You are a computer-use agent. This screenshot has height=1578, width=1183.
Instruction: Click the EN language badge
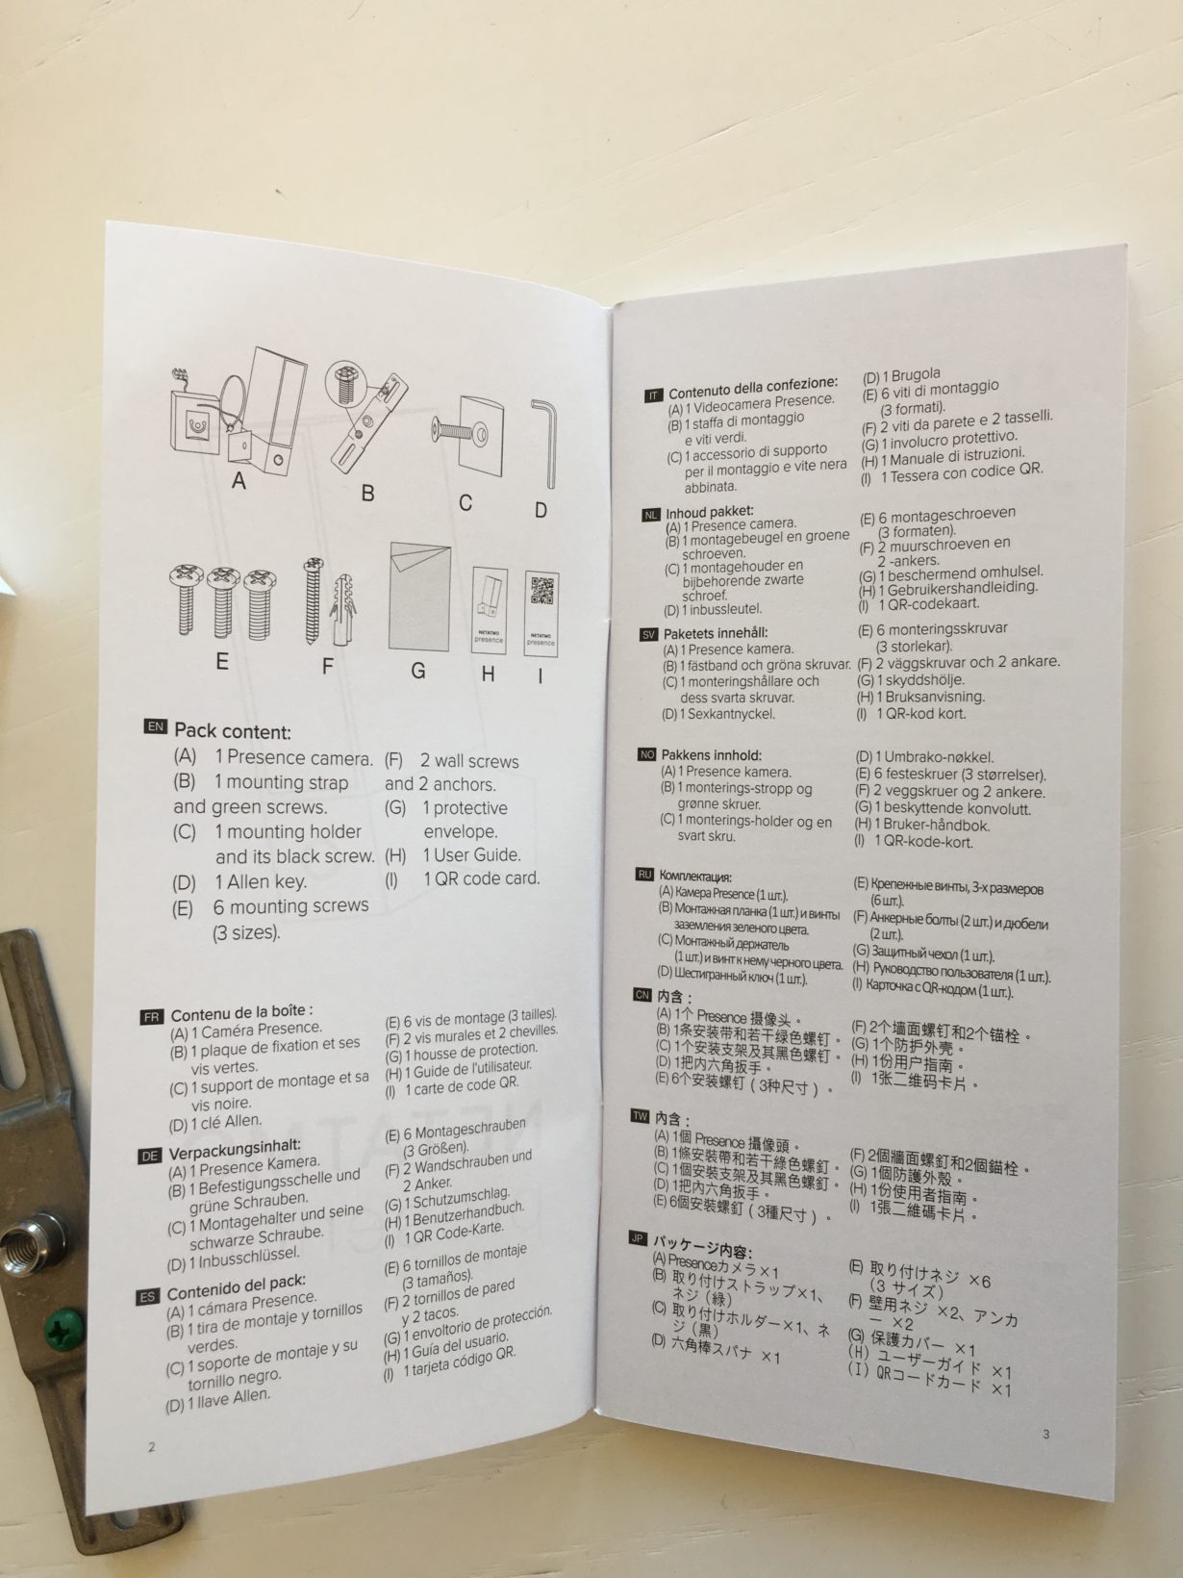pyautogui.click(x=156, y=726)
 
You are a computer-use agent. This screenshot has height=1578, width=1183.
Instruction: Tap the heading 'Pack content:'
pyautogui.click(x=233, y=731)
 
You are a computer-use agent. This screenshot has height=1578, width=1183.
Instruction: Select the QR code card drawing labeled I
pyautogui.click(x=541, y=613)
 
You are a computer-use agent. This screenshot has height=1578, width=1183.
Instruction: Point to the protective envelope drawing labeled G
pyautogui.click(x=419, y=597)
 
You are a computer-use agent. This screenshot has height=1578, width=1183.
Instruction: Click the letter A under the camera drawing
pyautogui.click(x=239, y=480)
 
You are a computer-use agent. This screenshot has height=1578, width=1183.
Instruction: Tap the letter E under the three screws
pyautogui.click(x=223, y=661)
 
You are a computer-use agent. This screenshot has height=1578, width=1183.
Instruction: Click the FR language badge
pyautogui.click(x=152, y=1017)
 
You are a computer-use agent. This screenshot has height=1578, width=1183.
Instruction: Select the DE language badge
pyautogui.click(x=149, y=1156)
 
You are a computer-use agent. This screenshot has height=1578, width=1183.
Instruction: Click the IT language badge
pyautogui.click(x=654, y=395)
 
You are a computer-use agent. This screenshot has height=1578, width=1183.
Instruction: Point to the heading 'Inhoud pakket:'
pyautogui.click(x=710, y=512)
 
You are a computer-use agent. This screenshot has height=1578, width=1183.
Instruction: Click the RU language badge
pyautogui.click(x=644, y=875)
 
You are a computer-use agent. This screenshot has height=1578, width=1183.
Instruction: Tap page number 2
pyautogui.click(x=152, y=1447)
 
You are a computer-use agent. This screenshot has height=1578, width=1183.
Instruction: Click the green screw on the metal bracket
pyautogui.click(x=63, y=1329)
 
